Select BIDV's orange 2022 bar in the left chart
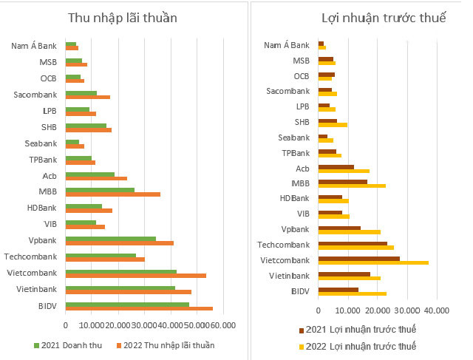coord(139,309)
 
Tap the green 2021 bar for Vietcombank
coord(121,272)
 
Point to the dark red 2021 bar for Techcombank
coord(353,243)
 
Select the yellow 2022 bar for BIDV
coord(353,293)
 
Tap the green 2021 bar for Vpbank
coord(111,240)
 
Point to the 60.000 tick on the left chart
coord(222,325)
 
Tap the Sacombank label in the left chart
coord(38,94)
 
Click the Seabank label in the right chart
coord(294,137)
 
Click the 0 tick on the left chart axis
coord(66,325)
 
